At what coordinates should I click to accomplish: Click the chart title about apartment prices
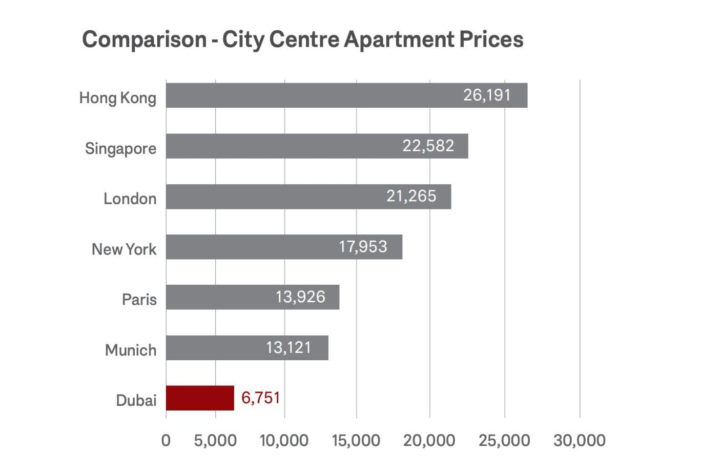(x=302, y=40)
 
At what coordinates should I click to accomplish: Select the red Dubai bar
(x=200, y=398)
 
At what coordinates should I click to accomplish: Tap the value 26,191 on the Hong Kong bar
(x=487, y=95)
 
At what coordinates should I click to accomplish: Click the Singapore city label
(x=120, y=149)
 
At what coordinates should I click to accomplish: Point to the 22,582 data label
(x=428, y=146)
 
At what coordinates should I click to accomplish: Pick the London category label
(x=130, y=199)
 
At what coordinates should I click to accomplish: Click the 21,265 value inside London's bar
(x=411, y=196)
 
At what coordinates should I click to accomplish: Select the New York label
(x=124, y=249)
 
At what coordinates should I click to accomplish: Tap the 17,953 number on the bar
(x=363, y=247)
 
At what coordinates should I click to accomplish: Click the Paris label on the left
(x=139, y=299)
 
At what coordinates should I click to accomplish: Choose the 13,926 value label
(x=300, y=297)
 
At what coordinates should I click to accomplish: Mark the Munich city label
(x=131, y=350)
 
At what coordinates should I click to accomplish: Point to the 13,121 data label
(x=288, y=347)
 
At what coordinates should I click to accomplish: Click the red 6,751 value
(x=260, y=398)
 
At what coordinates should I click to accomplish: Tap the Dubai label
(x=136, y=400)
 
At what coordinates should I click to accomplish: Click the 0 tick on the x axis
(x=166, y=440)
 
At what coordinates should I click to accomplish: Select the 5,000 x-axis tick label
(x=215, y=440)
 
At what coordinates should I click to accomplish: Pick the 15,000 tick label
(x=356, y=440)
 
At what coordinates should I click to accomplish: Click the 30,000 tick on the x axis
(x=579, y=440)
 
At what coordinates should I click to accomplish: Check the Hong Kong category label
(x=117, y=98)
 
